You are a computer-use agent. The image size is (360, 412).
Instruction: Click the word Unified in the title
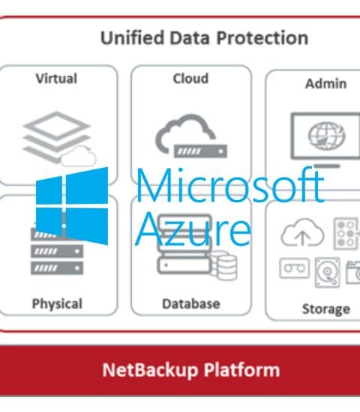coord(133,37)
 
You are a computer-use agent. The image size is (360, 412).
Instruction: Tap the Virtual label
coord(56,79)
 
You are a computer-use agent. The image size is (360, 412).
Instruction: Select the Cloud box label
coord(190,79)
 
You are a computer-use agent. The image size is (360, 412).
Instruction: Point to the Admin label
coord(325,84)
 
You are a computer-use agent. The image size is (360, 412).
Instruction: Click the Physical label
coord(57,304)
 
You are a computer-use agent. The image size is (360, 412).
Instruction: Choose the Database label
coord(191,303)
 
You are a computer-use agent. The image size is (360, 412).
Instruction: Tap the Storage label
coord(326,309)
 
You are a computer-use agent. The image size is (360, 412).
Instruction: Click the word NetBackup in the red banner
coord(150,370)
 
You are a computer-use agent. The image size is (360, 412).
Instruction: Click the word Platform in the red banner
coord(241,370)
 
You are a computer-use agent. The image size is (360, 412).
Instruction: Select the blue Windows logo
coord(72,206)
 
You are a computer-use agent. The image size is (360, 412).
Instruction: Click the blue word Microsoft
coord(229,186)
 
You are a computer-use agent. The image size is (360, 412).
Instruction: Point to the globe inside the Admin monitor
coord(326,136)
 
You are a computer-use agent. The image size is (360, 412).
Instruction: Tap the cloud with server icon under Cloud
coord(190,136)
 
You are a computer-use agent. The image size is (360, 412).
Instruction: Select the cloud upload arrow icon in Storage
coord(302,232)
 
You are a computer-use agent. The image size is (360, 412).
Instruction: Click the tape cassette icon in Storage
coord(295,268)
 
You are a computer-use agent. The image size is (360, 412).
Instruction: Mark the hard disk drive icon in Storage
coord(327,273)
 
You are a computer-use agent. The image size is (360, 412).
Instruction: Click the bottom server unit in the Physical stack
coord(57,268)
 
